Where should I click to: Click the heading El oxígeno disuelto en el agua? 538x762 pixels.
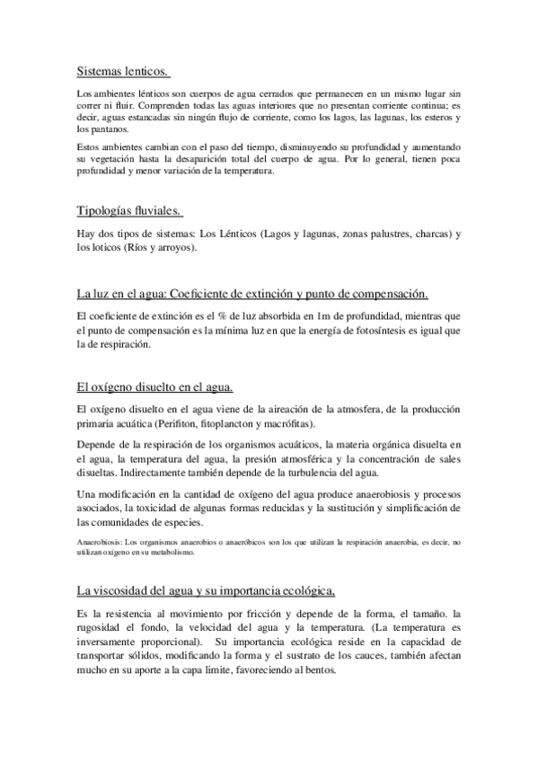coord(155,387)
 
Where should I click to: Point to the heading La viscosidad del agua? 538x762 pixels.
coord(207,589)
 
